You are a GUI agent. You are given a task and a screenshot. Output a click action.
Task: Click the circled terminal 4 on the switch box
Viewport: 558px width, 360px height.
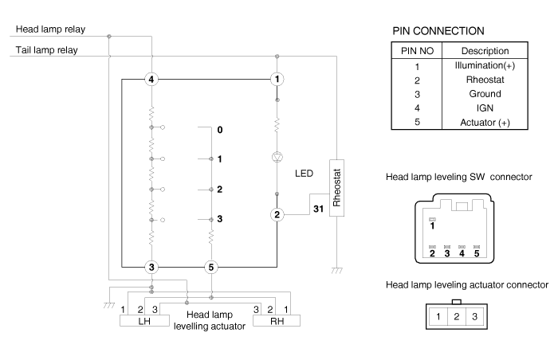click(151, 79)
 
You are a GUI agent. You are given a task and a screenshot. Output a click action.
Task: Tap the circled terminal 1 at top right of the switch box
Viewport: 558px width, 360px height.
click(277, 79)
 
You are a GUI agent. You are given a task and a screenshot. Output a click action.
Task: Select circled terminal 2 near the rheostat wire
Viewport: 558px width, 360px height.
click(277, 214)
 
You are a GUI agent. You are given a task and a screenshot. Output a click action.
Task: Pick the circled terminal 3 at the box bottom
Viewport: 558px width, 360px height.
click(151, 267)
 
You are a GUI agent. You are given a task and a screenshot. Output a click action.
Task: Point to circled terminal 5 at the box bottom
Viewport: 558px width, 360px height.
click(211, 267)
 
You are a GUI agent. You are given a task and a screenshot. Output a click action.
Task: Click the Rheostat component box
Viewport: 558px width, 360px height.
click(336, 188)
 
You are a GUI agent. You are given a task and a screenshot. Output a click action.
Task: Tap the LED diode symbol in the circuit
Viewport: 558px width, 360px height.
click(277, 157)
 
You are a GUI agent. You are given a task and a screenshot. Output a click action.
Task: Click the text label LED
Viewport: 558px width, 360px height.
click(304, 174)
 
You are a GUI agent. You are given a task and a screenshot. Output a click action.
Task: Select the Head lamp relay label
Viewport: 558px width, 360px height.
click(50, 29)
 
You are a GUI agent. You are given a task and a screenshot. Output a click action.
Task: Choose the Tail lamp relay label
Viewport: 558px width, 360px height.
click(46, 50)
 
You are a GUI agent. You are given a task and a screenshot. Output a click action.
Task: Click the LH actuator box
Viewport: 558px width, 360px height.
click(144, 321)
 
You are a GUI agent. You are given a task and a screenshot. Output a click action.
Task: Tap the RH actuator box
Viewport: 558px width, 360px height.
click(277, 321)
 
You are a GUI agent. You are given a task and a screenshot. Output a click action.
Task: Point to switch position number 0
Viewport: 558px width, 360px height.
click(220, 130)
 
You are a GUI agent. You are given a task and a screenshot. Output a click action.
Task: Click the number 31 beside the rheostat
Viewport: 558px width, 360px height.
click(319, 209)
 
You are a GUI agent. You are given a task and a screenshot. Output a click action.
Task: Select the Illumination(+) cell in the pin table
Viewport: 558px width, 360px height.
click(485, 66)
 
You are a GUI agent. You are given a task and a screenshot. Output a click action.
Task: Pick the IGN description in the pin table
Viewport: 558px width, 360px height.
click(485, 108)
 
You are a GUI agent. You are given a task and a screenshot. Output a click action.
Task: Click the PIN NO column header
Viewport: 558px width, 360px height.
click(417, 51)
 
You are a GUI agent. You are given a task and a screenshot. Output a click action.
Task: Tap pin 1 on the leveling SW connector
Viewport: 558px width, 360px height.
click(432, 226)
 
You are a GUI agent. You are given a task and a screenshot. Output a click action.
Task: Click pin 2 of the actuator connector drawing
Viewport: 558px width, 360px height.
click(457, 317)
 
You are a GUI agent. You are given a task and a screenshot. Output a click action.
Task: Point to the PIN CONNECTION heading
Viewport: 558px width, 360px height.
click(438, 31)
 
